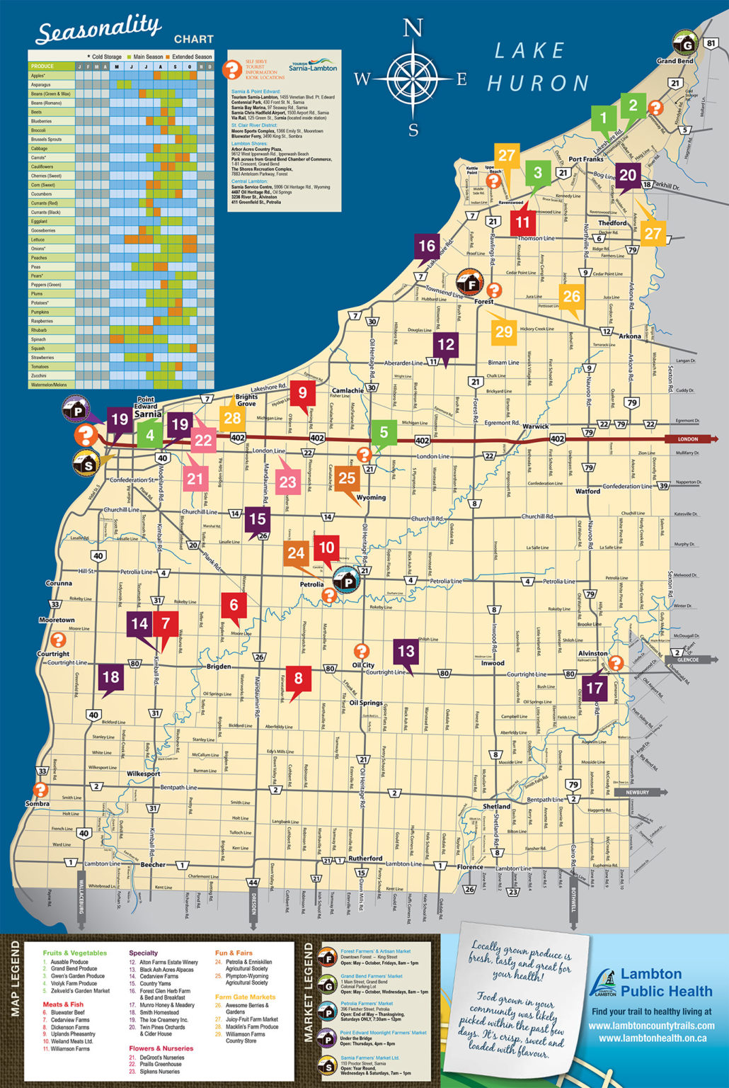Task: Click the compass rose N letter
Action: point(413,28)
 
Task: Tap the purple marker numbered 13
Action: point(406,652)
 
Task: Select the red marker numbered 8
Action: point(298,679)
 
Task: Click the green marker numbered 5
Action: point(384,433)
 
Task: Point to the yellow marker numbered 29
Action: point(504,331)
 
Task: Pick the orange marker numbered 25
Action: point(347,478)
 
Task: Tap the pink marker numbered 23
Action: point(287,482)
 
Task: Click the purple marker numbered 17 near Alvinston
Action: point(595,687)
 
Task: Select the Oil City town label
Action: point(363,665)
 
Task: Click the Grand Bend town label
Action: point(675,61)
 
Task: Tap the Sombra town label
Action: point(37,804)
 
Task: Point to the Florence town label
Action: point(469,867)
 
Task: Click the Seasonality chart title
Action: point(98,31)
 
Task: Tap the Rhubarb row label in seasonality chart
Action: point(39,330)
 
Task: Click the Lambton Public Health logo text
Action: point(651,982)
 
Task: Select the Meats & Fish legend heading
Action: point(63,1004)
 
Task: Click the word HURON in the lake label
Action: point(538,84)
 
